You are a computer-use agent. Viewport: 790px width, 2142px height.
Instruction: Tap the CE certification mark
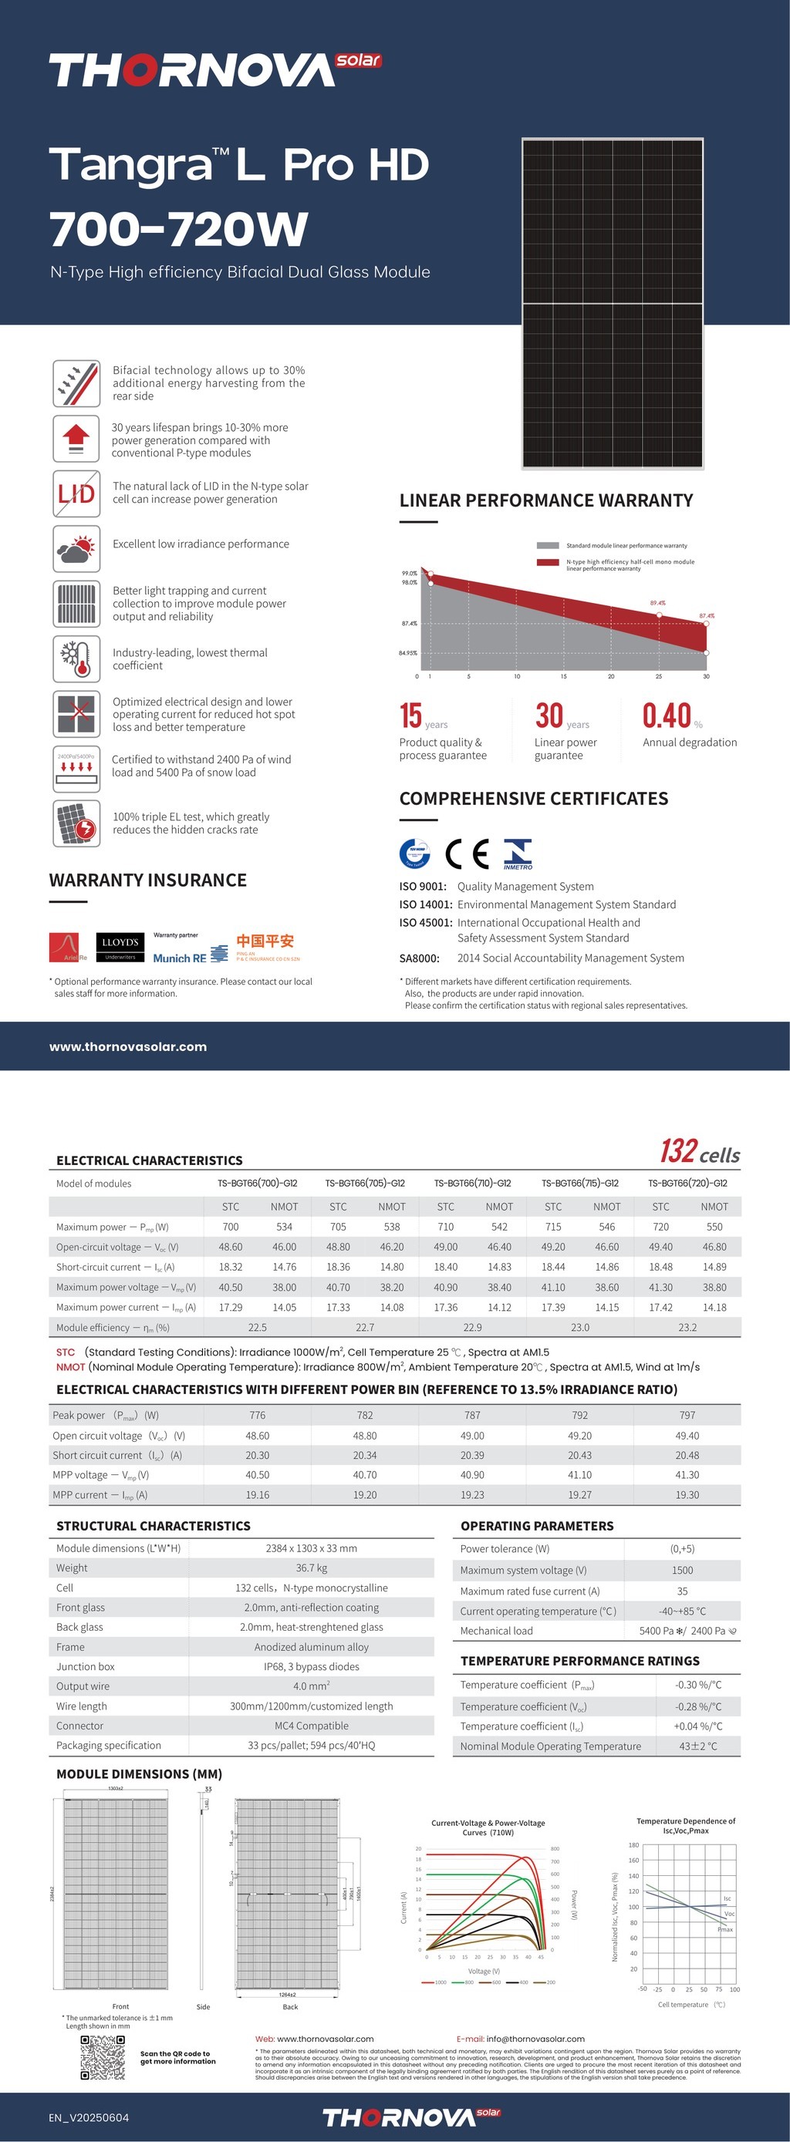click(x=467, y=853)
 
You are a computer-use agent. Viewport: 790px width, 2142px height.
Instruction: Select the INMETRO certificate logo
click(x=517, y=853)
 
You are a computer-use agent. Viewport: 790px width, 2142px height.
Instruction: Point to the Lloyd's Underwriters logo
click(x=120, y=946)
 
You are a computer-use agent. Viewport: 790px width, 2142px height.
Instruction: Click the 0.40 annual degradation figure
click(x=667, y=716)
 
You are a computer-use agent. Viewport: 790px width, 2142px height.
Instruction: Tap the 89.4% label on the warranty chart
click(x=657, y=602)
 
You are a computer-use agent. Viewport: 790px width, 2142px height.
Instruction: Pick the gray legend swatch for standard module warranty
click(x=547, y=545)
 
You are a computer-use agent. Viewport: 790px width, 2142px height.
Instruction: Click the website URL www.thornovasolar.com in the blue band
click(x=128, y=1046)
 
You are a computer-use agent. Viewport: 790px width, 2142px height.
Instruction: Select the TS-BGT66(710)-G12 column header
click(x=472, y=1183)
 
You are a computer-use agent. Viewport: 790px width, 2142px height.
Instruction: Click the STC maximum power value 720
click(x=660, y=1227)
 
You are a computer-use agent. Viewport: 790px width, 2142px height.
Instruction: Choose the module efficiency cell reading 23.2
click(x=687, y=1327)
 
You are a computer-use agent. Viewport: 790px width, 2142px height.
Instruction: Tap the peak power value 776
click(x=258, y=1414)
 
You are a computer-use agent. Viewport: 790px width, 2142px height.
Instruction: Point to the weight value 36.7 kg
click(x=311, y=1568)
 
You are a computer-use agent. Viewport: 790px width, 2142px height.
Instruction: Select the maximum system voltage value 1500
click(x=682, y=1570)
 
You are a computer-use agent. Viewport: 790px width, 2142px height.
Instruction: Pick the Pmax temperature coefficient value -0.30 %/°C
click(x=697, y=1685)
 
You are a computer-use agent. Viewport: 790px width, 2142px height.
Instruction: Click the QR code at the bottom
click(x=103, y=2056)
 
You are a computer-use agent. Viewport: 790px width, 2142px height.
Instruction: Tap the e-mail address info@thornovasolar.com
click(x=535, y=2038)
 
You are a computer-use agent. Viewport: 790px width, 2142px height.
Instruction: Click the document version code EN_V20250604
click(x=89, y=2117)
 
